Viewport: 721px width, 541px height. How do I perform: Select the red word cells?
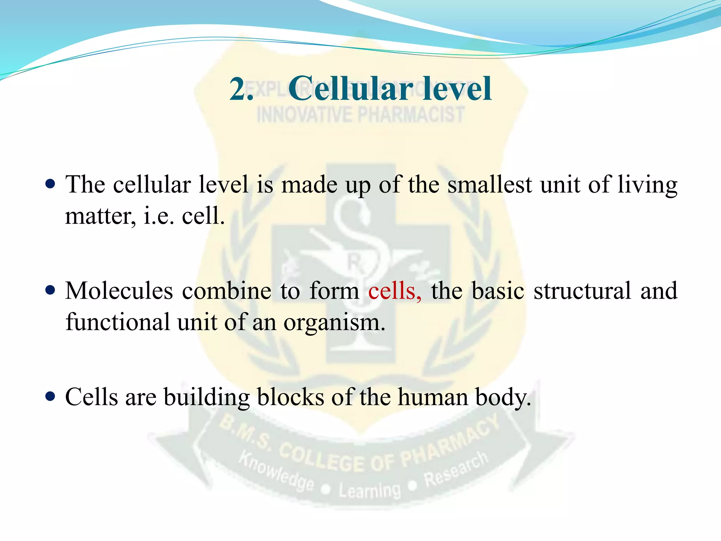[394, 291]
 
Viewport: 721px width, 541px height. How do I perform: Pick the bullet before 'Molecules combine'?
[51, 290]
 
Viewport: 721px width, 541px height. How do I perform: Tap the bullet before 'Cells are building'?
[51, 397]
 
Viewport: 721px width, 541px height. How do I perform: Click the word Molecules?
[119, 291]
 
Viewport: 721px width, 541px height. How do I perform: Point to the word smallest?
[489, 185]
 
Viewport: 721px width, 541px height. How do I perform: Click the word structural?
[582, 291]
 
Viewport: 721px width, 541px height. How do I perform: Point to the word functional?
[118, 322]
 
